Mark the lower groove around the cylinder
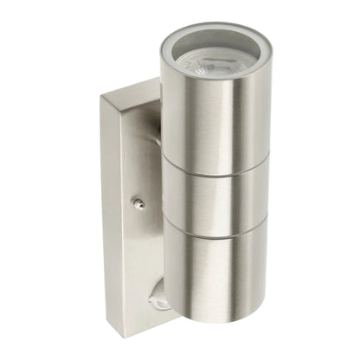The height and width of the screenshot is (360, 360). (216, 223)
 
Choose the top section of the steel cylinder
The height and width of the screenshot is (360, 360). (216, 112)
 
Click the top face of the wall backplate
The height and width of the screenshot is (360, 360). (130, 92)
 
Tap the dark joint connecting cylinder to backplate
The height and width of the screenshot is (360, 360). (161, 130)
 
